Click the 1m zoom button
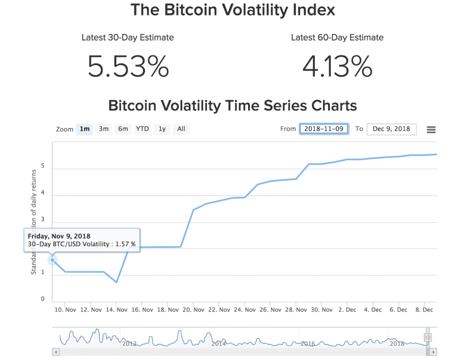pos(85,129)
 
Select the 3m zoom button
pos(104,129)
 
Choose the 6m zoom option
pos(123,129)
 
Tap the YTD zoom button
pos(142,129)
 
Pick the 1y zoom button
pos(162,129)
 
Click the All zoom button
pos(181,129)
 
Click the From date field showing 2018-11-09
pos(324,129)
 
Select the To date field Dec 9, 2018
pos(391,129)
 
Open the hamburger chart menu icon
pos(431,130)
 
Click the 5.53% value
pos(128,66)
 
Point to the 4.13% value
pos(337,66)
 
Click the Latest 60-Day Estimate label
pos(337,38)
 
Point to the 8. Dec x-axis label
pos(424,310)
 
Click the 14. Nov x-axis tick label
pos(117,310)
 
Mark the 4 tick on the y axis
pos(43,196)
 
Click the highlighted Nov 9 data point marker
pos(52,259)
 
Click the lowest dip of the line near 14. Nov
pos(117,282)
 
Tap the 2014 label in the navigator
pos(218,343)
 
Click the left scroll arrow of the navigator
pos(56,352)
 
